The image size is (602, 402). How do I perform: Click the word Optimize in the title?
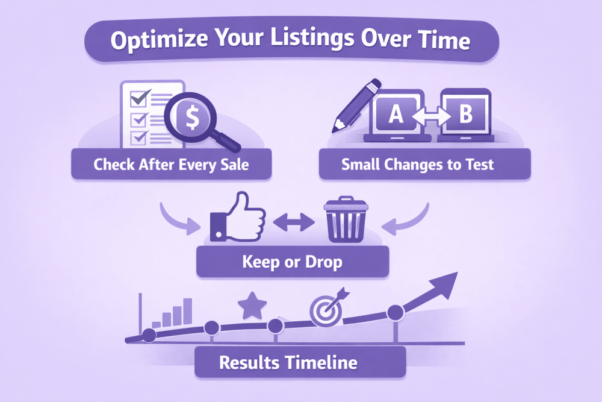coord(160,39)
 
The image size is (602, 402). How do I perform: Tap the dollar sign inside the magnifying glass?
coord(192,118)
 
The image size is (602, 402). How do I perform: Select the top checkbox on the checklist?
coord(139,98)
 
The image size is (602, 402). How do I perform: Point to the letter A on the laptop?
coord(396,114)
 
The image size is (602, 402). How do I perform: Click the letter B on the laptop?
coord(466,113)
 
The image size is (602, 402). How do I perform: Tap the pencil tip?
coord(337,127)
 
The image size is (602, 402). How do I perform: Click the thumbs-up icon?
coord(238,216)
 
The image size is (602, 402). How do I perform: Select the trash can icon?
coord(346,219)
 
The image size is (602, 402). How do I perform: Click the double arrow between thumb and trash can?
coord(294,222)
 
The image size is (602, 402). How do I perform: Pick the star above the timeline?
coord(252,306)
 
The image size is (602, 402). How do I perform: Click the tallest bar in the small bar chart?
coord(187,312)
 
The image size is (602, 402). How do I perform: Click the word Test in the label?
coord(480,165)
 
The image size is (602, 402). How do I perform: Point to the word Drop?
coord(323,263)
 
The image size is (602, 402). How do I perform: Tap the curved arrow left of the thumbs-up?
coord(179,219)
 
